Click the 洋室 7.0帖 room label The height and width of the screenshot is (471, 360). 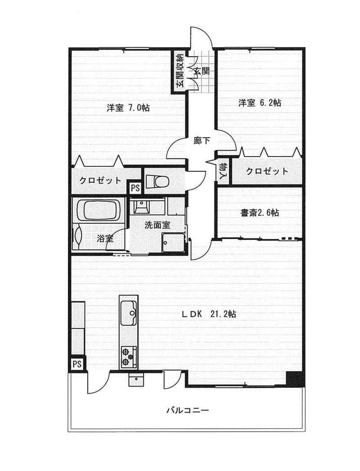pyautogui.click(x=128, y=108)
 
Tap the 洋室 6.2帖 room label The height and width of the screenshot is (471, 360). pyautogui.click(x=260, y=103)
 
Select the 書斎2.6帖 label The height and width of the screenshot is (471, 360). pyautogui.click(x=260, y=213)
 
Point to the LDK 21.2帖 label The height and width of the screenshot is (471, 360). pyautogui.click(x=209, y=314)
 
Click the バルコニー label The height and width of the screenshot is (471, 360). pyautogui.click(x=188, y=410)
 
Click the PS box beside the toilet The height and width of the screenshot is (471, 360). pyautogui.click(x=135, y=188)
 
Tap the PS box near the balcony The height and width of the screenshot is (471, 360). pyautogui.click(x=77, y=364)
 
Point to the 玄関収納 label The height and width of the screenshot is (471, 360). pyautogui.click(x=180, y=71)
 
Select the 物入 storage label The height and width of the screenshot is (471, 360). pyautogui.click(x=223, y=171)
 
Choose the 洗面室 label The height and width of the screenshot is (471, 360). pyautogui.click(x=157, y=225)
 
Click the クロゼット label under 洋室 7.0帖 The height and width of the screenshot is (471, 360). pyautogui.click(x=100, y=180)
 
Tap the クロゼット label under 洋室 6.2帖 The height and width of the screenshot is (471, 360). pyautogui.click(x=267, y=171)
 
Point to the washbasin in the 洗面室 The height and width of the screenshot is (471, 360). pyautogui.click(x=141, y=206)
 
